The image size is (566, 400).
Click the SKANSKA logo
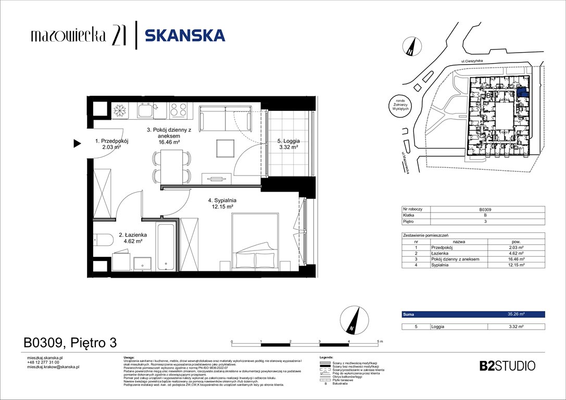tap(185, 35)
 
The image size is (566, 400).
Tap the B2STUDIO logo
tap(507, 366)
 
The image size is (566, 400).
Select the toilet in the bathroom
tap(103, 240)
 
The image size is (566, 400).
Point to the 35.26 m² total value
tap(515, 315)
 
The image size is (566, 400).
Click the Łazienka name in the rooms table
tap(441, 253)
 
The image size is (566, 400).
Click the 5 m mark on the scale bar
tap(378, 342)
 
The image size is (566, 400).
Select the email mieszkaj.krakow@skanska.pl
tap(53, 367)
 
